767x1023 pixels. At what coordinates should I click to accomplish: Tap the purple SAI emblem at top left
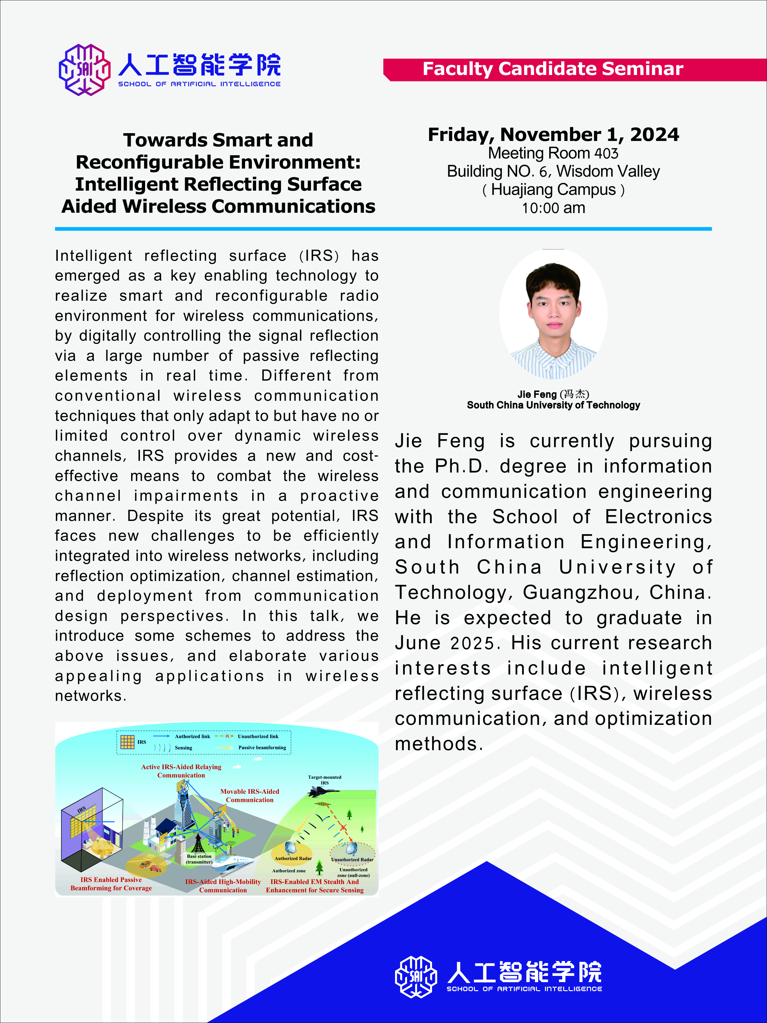click(85, 70)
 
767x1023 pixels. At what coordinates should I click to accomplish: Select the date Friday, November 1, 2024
click(553, 134)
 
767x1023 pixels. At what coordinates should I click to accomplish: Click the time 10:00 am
click(553, 208)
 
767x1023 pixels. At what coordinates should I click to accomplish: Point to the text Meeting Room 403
click(553, 153)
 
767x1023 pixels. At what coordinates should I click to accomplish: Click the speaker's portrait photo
click(553, 314)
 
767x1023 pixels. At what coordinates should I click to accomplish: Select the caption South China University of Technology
click(553, 405)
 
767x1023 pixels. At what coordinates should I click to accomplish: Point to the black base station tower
click(199, 842)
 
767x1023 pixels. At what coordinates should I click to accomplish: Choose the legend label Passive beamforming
click(262, 747)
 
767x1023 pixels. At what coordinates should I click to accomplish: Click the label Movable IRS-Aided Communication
click(250, 795)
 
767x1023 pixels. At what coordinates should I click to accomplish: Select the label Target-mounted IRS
click(325, 780)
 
